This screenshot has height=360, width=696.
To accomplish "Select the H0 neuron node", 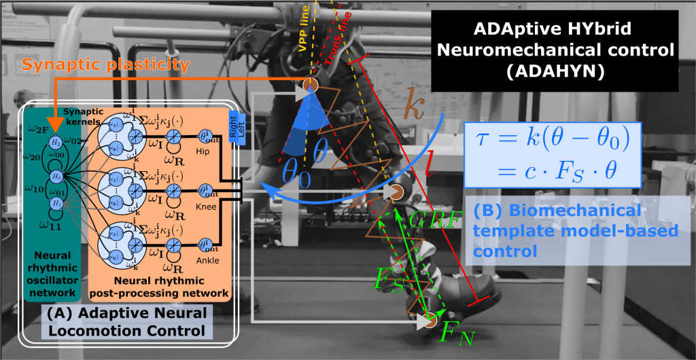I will pyautogui.click(x=56, y=176).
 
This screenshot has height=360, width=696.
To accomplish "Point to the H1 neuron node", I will pyautogui.click(x=56, y=204).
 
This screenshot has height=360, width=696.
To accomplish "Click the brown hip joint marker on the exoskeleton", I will pyautogui.click(x=310, y=85).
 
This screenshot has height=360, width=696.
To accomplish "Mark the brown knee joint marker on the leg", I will pyautogui.click(x=397, y=193).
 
